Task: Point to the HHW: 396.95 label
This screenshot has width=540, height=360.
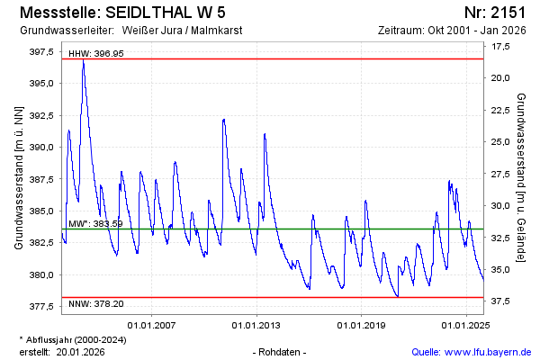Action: coord(96,53)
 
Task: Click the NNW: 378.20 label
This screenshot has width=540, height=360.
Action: coord(96,304)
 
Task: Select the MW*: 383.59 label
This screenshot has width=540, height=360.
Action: coord(95,223)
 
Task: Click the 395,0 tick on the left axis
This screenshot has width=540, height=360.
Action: coord(41,83)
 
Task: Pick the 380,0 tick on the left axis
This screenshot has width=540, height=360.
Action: coord(41,274)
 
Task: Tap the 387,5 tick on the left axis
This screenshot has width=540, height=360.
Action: coord(41,179)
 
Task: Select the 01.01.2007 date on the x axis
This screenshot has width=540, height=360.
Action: coord(152,324)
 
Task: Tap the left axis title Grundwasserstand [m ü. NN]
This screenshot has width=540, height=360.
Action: coord(18,177)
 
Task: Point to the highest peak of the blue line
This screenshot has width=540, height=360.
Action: coord(83,61)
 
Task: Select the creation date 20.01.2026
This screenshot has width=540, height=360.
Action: coord(82,351)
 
